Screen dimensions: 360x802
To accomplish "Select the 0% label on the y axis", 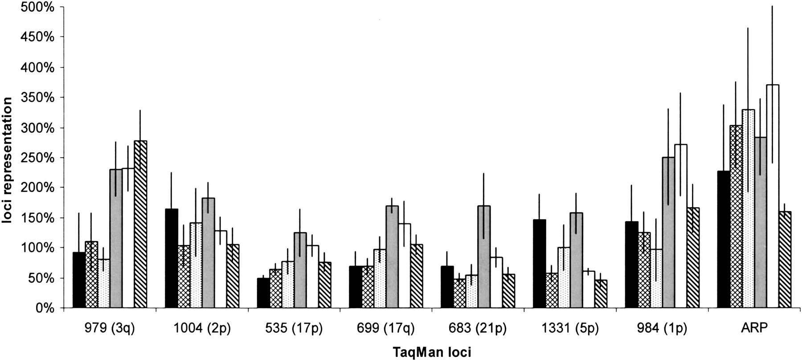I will (45, 308).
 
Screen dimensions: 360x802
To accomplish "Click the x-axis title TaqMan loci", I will (432, 352).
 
